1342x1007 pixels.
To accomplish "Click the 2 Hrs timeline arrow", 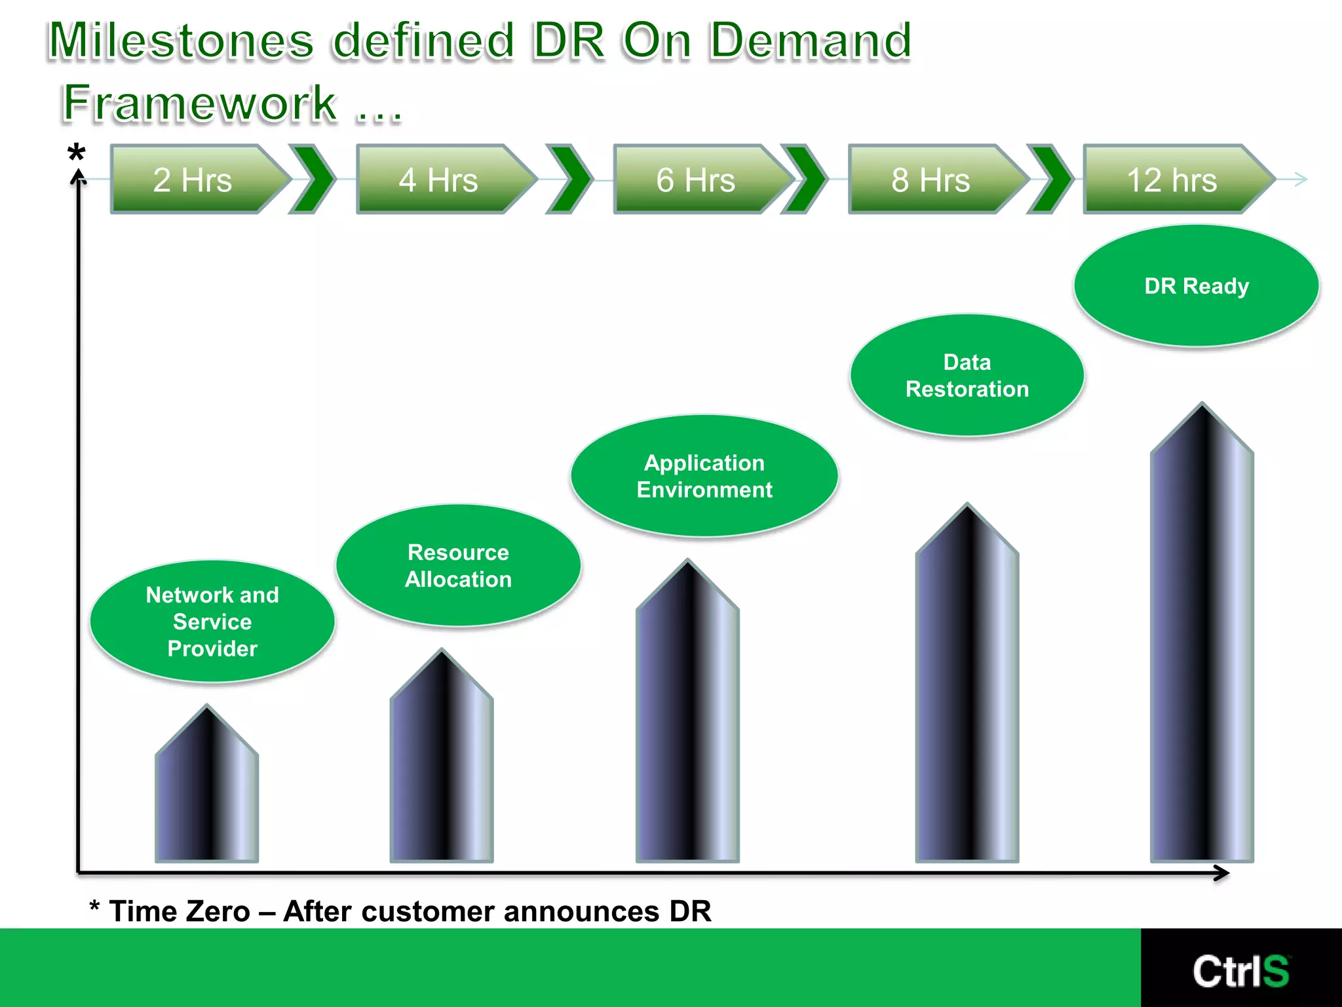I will coord(194,180).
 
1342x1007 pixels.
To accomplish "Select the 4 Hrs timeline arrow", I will coord(440,180).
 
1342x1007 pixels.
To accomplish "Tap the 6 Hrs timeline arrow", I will coord(697,180).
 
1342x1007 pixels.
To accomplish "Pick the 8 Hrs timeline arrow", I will coord(931,180).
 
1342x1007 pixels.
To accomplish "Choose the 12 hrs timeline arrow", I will coord(1172,180).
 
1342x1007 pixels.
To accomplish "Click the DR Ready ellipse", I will coord(1197,286).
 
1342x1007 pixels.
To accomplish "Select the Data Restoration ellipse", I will coord(967,376).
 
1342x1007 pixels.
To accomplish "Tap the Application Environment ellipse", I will coord(704,476).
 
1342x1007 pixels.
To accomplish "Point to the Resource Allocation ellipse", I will coord(458,565).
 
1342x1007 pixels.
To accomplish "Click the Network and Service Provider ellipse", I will coord(212,622).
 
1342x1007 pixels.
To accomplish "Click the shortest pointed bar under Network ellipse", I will coord(207,793).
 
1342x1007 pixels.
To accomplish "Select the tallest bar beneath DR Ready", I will coord(1202,642).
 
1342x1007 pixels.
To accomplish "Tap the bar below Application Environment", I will coord(687,721).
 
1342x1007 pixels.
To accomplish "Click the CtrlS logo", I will coord(1240,971).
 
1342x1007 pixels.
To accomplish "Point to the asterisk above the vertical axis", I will coord(77,153).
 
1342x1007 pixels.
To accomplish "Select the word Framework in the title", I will coord(200,104).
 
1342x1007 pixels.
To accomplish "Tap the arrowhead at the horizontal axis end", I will coord(1221,873).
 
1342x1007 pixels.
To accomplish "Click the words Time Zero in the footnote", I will coord(180,912).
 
